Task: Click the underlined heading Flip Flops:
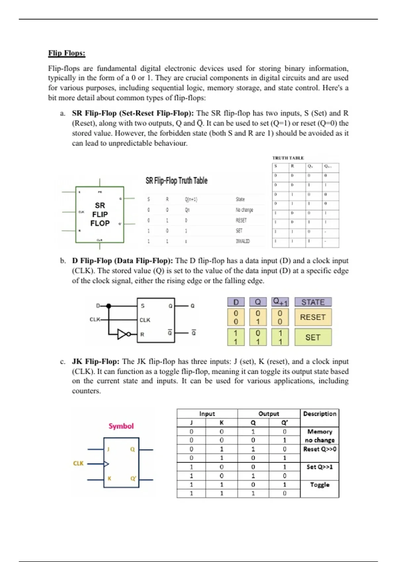coord(66,53)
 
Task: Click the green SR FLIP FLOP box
coord(100,214)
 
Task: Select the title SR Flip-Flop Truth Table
coord(176,181)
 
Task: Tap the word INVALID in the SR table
coord(243,241)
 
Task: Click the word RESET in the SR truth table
coord(241,221)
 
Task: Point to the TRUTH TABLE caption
coord(288,158)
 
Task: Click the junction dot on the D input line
coord(109,306)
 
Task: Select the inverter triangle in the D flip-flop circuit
coord(122,334)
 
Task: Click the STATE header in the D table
coord(313,302)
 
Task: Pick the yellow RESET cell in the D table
coord(313,317)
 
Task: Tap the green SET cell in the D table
coord(313,337)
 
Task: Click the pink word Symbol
coord(121,426)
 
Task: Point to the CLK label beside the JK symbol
coord(78,463)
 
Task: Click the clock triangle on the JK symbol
coord(106,464)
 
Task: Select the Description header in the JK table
coord(320,414)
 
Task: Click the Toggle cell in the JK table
coord(320,485)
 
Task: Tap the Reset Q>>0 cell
coord(320,449)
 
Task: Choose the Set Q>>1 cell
coord(320,467)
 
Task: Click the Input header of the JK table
coord(207,414)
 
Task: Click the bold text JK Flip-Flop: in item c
coord(96,361)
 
